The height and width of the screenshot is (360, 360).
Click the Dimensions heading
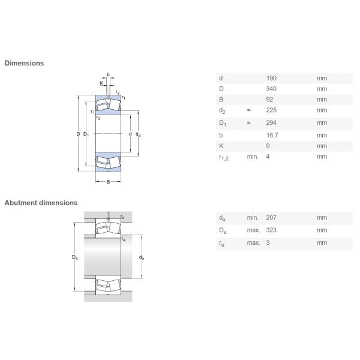pos(24,63)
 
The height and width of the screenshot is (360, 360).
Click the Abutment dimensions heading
pos(41,203)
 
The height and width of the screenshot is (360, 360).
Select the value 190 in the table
pos(271,78)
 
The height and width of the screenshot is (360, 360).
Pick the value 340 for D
pos(271,89)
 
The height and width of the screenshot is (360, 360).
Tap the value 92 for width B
pos(269,100)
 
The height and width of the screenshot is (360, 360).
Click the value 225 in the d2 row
pos(271,110)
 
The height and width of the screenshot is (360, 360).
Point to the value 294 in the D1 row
pos(271,122)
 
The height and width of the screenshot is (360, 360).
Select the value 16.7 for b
pos(272,135)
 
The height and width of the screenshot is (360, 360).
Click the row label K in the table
pos(221,146)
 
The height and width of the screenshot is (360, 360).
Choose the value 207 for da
pos(271,217)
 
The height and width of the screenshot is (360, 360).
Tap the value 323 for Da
pos(271,230)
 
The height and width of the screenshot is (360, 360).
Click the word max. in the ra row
pos(253,242)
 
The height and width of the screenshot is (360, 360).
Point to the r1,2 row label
pos(224,157)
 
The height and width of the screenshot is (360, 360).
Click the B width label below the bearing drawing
pos(108,182)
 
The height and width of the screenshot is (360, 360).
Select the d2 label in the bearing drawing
pos(138,134)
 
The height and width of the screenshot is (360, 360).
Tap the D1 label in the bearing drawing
pos(86,134)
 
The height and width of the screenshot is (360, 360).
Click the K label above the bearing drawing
pos(101,83)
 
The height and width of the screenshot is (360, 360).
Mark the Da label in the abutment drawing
pos(75,257)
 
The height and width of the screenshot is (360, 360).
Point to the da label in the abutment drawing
pos(142,257)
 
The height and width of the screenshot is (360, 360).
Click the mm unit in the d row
pos(322,78)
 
